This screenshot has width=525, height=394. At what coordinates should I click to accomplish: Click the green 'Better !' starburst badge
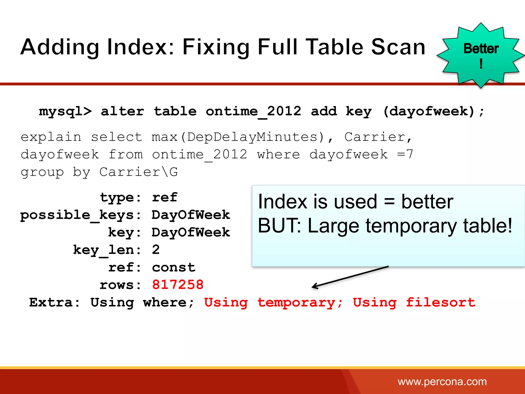[x=481, y=55]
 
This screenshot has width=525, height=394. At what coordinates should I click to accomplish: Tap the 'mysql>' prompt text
[x=65, y=112]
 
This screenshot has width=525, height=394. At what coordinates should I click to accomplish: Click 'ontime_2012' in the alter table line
[x=253, y=112]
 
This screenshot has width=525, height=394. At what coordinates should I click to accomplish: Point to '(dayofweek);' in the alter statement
[x=433, y=112]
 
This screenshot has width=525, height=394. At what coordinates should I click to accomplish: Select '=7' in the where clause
[x=405, y=154]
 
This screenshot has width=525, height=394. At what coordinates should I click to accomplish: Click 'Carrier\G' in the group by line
[x=138, y=172]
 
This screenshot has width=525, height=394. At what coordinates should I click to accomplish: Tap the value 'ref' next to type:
[x=165, y=198]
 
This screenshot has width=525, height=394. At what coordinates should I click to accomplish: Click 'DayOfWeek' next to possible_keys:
[x=191, y=215]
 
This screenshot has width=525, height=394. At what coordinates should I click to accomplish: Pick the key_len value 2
[x=156, y=250]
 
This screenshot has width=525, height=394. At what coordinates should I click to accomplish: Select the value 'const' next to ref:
[x=174, y=268]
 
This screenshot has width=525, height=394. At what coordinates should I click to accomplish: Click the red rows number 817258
[x=178, y=285]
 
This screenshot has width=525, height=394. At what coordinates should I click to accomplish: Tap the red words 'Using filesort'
[x=414, y=302]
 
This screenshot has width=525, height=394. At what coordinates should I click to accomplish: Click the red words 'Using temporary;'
[x=273, y=302]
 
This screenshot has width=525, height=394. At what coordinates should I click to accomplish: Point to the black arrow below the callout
[x=350, y=277]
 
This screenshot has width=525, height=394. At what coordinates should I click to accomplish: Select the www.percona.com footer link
[x=442, y=382]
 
